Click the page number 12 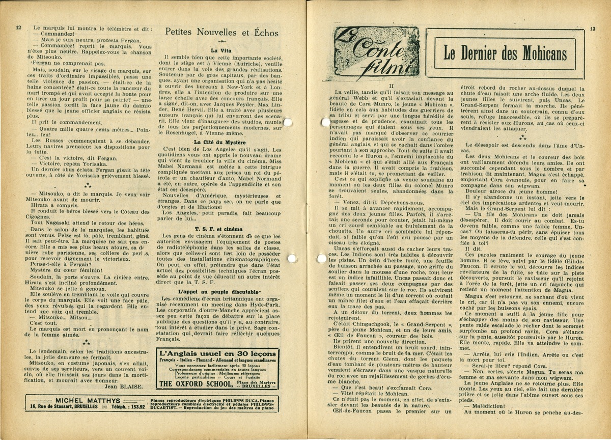coord(18,28)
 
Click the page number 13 coord(592,30)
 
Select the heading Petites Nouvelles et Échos coord(221,33)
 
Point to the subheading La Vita coord(221,50)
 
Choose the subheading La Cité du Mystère coord(220,142)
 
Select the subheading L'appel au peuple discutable coord(220,291)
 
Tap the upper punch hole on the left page coord(288,122)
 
